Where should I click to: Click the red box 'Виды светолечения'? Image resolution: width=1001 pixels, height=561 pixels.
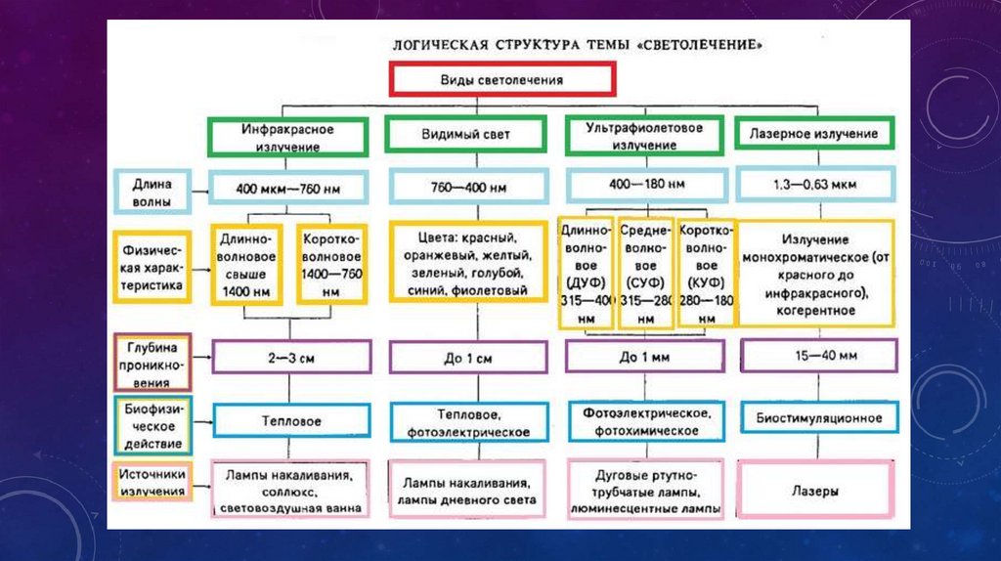tap(502, 79)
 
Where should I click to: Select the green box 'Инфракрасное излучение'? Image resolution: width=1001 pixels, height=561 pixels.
tap(287, 137)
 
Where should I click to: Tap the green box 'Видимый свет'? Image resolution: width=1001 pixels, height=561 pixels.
tap(463, 135)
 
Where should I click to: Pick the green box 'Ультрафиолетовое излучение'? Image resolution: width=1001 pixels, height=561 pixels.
tap(643, 136)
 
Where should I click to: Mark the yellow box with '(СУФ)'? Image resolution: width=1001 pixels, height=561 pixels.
tap(645, 273)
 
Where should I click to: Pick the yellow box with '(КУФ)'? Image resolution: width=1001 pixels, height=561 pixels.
tap(706, 272)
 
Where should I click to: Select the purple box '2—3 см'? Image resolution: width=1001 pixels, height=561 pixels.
tap(290, 357)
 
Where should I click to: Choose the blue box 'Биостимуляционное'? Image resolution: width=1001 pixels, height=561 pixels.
tap(817, 418)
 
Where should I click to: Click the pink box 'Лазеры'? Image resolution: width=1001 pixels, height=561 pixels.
tap(817, 492)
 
